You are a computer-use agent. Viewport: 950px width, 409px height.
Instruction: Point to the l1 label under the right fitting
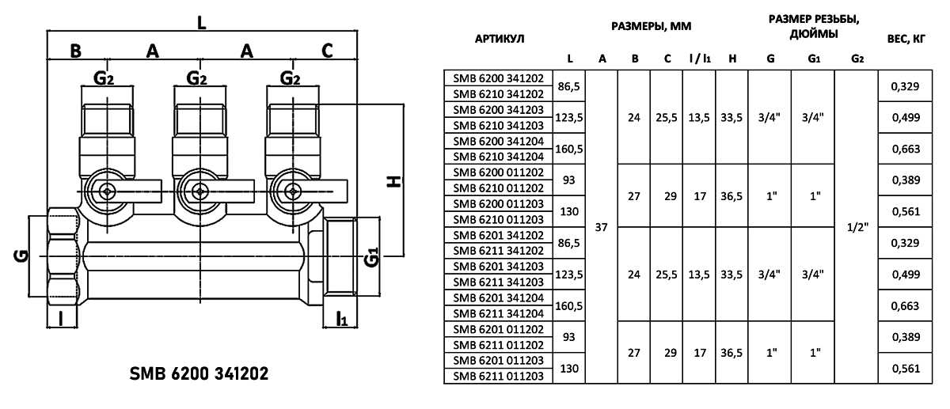click(x=341, y=319)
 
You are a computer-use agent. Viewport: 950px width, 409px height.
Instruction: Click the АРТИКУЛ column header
click(x=499, y=38)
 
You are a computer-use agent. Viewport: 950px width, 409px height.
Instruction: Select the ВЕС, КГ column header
click(x=907, y=38)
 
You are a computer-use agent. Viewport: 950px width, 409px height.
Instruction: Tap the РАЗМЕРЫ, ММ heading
click(x=652, y=26)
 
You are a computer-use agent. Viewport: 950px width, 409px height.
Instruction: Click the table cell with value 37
click(x=601, y=227)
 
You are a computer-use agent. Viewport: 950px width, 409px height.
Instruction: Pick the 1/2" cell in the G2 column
click(x=857, y=227)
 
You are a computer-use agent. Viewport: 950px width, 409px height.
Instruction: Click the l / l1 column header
click(x=699, y=59)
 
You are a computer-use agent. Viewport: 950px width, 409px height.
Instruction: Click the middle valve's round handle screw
click(x=197, y=190)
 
